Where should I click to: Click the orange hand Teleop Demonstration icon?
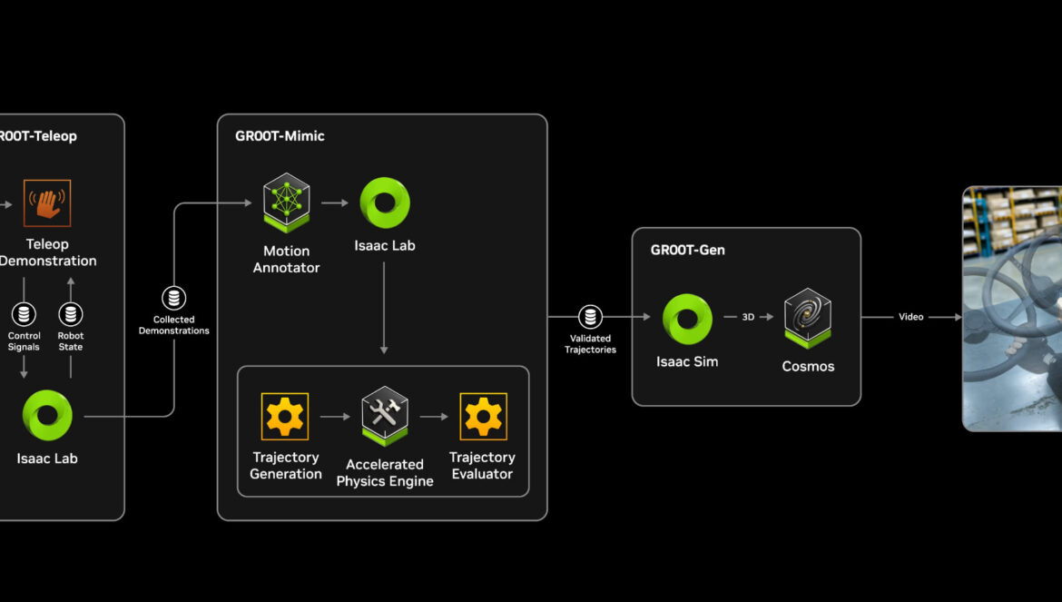pyautogui.click(x=47, y=203)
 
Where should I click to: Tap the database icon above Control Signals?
pyautogui.click(x=24, y=315)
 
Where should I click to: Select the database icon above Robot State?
pyautogui.click(x=71, y=315)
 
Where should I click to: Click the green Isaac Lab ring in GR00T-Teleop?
pyautogui.click(x=47, y=415)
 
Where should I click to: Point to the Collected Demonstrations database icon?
pyautogui.click(x=173, y=298)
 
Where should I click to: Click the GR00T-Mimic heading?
pyautogui.click(x=280, y=136)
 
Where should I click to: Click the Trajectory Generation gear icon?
pyautogui.click(x=285, y=417)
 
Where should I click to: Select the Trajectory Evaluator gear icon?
pyautogui.click(x=483, y=417)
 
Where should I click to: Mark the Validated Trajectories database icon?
pyautogui.click(x=591, y=317)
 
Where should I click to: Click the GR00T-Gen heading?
pyautogui.click(x=688, y=250)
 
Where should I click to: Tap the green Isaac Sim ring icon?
pyautogui.click(x=687, y=319)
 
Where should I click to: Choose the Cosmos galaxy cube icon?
pyautogui.click(x=808, y=319)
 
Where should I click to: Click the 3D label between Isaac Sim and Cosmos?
pyautogui.click(x=748, y=317)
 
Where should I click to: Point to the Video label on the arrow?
pyautogui.click(x=911, y=317)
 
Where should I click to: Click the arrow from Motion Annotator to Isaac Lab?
pyautogui.click(x=335, y=203)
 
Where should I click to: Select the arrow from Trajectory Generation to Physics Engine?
pyautogui.click(x=335, y=417)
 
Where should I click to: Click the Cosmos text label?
pyautogui.click(x=808, y=367)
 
